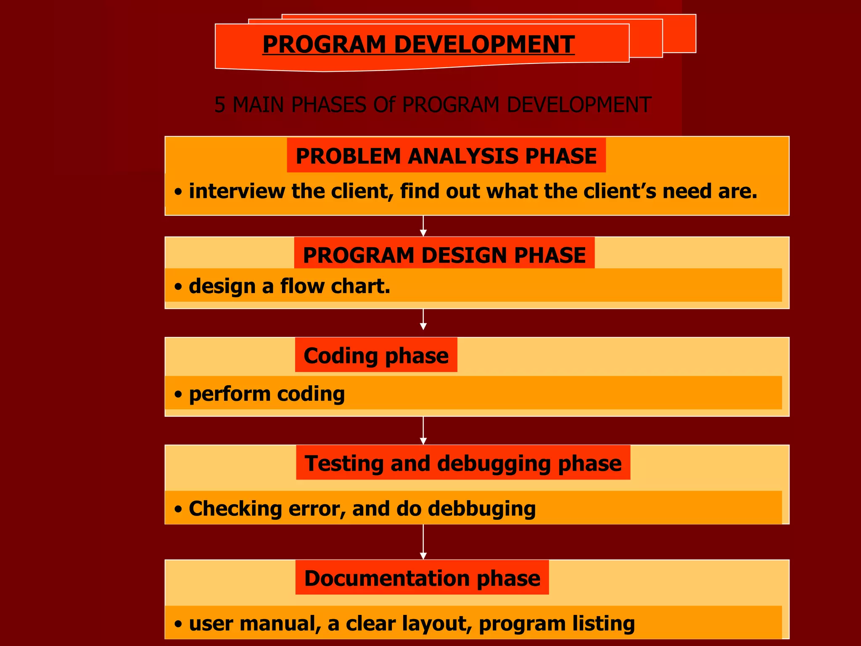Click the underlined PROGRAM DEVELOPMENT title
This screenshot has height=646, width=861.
click(418, 45)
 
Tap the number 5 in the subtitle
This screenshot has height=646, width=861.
click(219, 105)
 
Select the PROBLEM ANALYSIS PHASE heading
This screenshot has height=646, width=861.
click(446, 156)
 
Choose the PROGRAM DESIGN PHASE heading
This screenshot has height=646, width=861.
click(444, 255)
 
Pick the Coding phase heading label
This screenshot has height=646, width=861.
click(376, 356)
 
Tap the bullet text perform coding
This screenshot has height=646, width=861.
click(267, 394)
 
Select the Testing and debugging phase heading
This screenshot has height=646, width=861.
click(463, 463)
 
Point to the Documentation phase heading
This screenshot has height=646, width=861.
click(422, 578)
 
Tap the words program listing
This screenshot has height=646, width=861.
click(556, 624)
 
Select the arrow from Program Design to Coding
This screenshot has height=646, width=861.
click(423, 320)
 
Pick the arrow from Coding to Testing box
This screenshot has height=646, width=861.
click(423, 431)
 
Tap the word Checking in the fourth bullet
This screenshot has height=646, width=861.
click(235, 509)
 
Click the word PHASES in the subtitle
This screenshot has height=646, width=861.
click(328, 105)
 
